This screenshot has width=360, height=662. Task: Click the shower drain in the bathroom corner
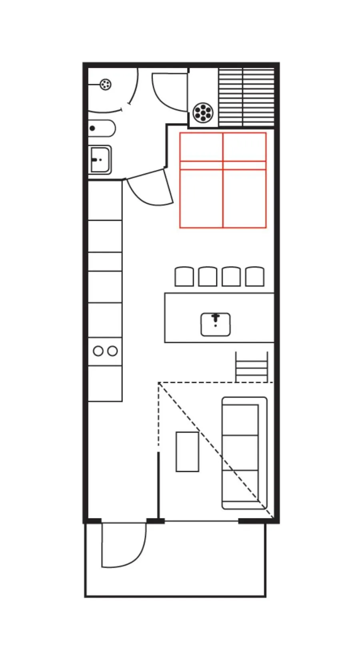[105, 85]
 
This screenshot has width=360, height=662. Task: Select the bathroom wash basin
[100, 160]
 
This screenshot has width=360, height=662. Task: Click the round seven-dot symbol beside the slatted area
[203, 112]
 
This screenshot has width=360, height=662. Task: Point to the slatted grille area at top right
[246, 97]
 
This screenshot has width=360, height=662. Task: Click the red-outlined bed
[223, 180]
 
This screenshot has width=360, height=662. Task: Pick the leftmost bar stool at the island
[184, 277]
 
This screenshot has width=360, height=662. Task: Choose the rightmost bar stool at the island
[254, 277]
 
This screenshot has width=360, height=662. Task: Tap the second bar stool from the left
[208, 277]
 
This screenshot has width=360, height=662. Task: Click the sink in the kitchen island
[216, 324]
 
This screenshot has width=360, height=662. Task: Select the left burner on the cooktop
[98, 351]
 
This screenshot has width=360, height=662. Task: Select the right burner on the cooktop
[113, 351]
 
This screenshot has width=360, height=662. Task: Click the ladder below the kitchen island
[252, 367]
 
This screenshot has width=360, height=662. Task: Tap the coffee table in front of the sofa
[187, 452]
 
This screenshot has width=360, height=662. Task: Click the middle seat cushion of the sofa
[240, 453]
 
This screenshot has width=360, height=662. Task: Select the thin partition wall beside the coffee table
[159, 486]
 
